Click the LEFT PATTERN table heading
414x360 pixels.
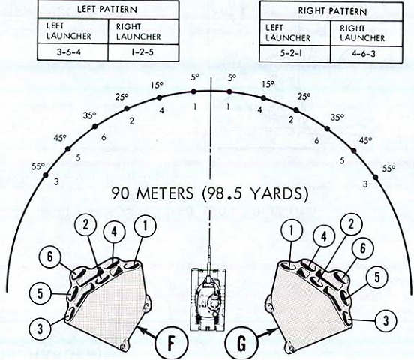click(x=107, y=10)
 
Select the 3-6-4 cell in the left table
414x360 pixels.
click(x=69, y=52)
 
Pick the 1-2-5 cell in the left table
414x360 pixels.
click(x=142, y=52)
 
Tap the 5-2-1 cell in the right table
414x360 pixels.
click(x=291, y=53)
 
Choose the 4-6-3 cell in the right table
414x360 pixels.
click(x=364, y=54)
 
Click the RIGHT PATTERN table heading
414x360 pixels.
click(x=332, y=11)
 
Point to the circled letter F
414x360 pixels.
click(x=171, y=343)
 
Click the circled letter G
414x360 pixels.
click(x=241, y=343)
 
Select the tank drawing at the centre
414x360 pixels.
click(x=208, y=298)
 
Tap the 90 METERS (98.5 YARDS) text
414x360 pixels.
click(x=210, y=193)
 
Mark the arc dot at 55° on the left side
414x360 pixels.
click(x=46, y=175)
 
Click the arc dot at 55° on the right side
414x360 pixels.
click(x=376, y=177)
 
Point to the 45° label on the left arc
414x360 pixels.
click(x=60, y=138)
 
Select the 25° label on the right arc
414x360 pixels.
click(x=304, y=97)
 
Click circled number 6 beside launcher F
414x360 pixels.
click(x=50, y=256)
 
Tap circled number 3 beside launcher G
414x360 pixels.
click(x=385, y=320)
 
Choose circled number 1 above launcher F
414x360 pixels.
click(x=145, y=226)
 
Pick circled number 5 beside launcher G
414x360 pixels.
click(x=376, y=277)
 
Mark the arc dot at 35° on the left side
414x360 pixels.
click(x=95, y=127)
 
